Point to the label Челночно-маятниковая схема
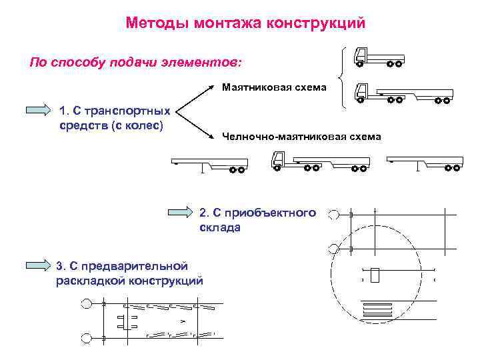point(301,137)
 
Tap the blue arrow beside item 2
point(179,213)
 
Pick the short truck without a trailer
point(378,57)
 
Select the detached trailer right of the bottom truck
point(424,162)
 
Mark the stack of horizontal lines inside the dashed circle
point(377,309)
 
